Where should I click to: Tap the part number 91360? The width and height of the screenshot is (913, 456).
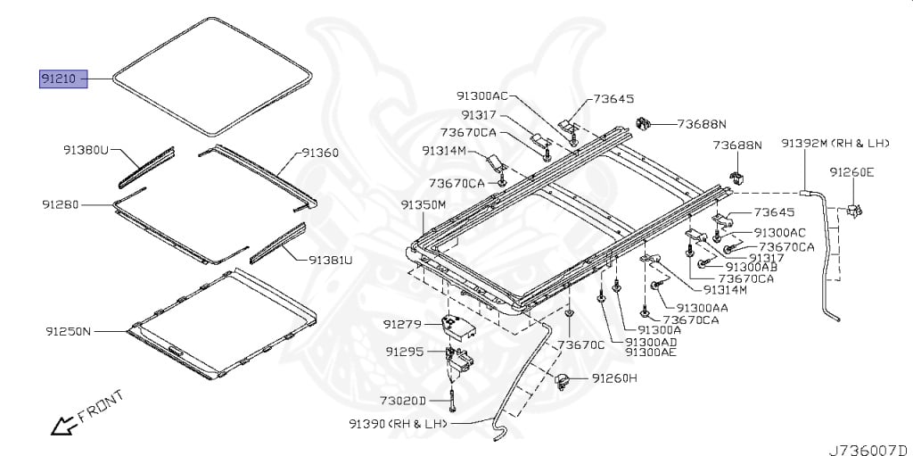tap(319, 153)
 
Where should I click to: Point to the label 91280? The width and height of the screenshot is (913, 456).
tap(61, 204)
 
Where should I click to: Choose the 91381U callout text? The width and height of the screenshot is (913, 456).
tap(331, 261)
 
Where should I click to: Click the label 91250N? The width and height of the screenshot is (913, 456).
tap(70, 331)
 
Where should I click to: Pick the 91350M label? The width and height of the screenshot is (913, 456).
tap(424, 205)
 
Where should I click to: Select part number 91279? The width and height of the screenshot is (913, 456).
tap(402, 323)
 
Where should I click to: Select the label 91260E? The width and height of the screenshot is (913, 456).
tap(851, 171)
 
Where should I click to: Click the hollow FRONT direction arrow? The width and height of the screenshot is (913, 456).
tap(63, 427)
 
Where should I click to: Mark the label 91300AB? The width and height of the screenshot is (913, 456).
tap(752, 266)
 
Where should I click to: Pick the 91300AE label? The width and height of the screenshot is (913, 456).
tap(651, 352)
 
